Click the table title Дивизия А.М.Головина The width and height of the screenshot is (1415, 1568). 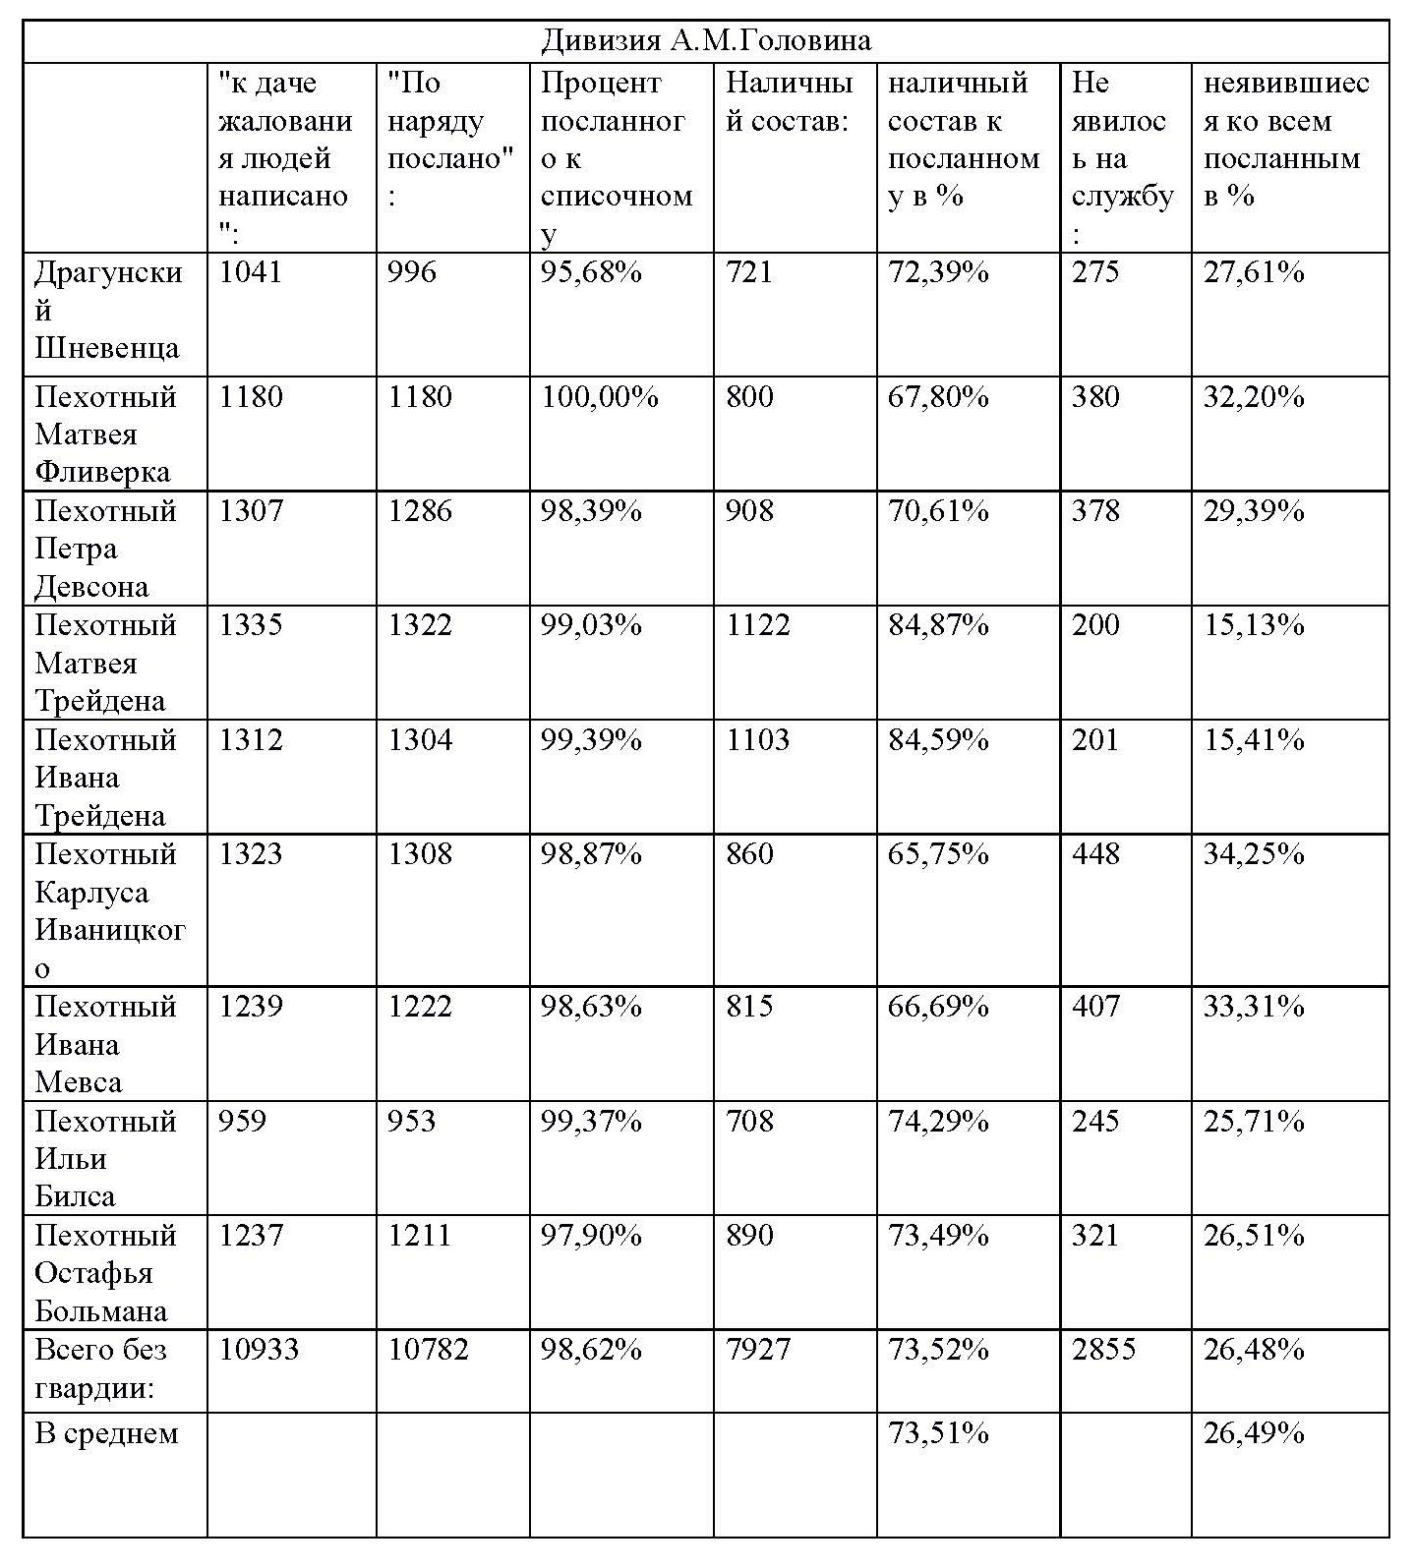[706, 41]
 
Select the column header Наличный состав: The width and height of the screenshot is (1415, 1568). [789, 102]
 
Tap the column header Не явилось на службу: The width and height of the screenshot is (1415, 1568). [1122, 157]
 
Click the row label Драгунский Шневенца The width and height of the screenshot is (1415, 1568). [108, 310]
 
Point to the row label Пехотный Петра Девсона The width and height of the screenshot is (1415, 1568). [105, 549]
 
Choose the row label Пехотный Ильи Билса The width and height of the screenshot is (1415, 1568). [105, 1158]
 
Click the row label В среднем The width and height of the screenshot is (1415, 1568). [106, 1433]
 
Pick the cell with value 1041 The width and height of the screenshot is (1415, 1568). [251, 272]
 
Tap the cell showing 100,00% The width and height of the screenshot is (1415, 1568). [600, 397]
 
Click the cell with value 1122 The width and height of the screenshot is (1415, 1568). [758, 625]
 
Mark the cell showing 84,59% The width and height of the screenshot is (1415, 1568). [938, 739]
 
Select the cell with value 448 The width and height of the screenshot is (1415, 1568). [1095, 853]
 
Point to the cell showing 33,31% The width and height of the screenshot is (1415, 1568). [1254, 1007]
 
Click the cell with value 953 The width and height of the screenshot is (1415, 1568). [412, 1121]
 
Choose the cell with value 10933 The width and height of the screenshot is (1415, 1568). [259, 1349]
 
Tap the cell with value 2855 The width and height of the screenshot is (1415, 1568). [1103, 1349]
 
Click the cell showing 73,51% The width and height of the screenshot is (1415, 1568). [938, 1433]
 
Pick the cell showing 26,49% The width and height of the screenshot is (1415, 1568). [1254, 1433]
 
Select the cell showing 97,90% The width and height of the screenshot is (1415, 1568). [591, 1235]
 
